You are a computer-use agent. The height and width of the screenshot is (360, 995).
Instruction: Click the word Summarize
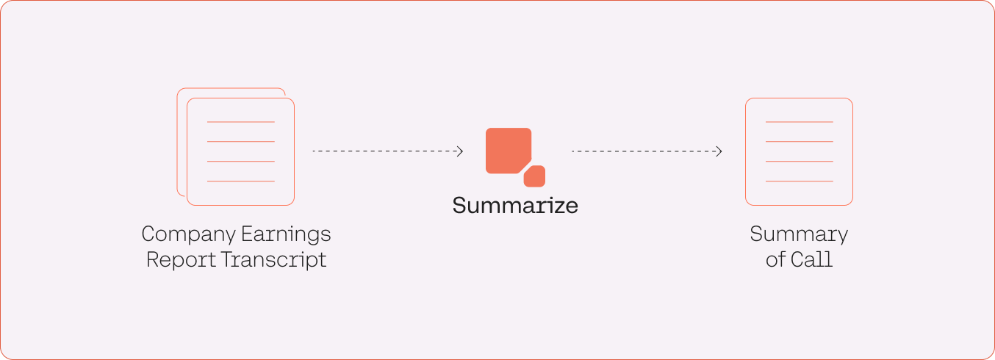[x=515, y=206]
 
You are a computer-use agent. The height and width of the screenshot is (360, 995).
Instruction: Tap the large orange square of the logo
[x=509, y=151]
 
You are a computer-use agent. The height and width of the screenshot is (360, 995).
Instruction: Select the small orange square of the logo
[x=534, y=176]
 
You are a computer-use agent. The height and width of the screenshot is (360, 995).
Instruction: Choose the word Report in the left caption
[x=182, y=260]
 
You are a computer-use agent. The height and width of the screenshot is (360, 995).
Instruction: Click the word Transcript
[x=273, y=260]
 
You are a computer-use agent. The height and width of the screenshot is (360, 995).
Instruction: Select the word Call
[x=811, y=259]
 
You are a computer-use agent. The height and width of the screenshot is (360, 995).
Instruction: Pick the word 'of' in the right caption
[x=775, y=259]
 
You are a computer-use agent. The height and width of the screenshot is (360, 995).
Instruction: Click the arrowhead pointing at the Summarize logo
[x=460, y=151]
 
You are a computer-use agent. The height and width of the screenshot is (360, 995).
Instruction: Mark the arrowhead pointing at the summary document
[x=719, y=151]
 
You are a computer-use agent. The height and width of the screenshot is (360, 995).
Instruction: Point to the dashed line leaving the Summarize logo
[x=647, y=151]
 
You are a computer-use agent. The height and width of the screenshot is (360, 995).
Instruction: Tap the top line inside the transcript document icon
[x=241, y=122]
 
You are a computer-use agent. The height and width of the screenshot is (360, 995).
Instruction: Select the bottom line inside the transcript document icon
[x=241, y=181]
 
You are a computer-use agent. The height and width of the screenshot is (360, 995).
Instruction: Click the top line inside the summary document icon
[x=799, y=122]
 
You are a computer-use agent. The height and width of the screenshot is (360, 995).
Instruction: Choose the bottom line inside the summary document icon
[x=799, y=181]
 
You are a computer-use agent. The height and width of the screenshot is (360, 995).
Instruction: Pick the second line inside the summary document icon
[x=799, y=142]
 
